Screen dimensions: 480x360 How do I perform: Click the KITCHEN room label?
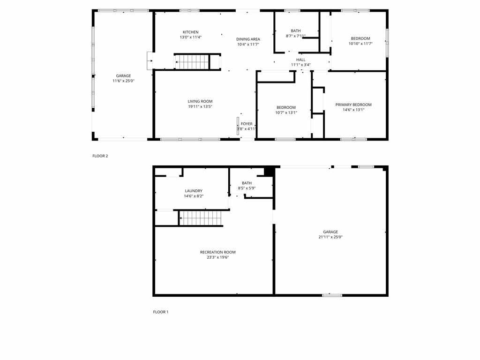(190, 32)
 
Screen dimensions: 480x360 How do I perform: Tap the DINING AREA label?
(248, 39)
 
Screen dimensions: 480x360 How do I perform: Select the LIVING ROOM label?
(200, 101)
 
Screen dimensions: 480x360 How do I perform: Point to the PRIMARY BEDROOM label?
(353, 105)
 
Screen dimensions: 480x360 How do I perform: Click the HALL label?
(300, 60)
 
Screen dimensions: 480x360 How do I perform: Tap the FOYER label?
(247, 124)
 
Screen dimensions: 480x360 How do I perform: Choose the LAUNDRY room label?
(194, 191)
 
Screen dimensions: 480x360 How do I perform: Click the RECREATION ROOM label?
(217, 252)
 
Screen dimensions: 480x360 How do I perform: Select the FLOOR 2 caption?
(100, 156)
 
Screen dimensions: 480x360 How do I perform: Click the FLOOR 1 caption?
(161, 312)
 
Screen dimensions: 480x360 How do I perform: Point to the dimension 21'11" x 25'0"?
(330, 237)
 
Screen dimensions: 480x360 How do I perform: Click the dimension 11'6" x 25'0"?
(123, 81)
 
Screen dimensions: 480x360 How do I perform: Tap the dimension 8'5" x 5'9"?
(247, 188)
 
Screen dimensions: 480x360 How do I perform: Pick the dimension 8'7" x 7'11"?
(295, 36)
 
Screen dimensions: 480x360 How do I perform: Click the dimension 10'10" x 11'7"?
(360, 44)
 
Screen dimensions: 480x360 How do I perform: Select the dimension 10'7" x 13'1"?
(286, 112)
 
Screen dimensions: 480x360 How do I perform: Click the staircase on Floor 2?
(192, 62)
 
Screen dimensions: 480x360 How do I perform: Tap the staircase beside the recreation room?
(200, 218)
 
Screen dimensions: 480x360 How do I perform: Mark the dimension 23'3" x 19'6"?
(217, 257)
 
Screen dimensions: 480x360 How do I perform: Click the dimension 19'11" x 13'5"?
(200, 106)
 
